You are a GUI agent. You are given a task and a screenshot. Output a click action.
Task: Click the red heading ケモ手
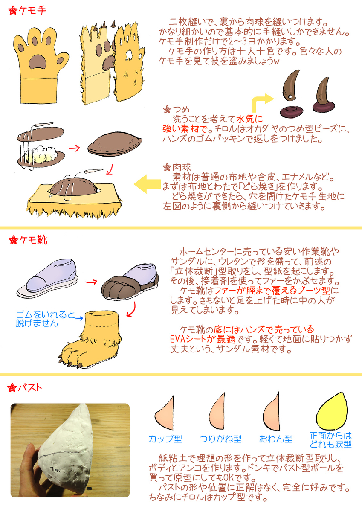(32, 11)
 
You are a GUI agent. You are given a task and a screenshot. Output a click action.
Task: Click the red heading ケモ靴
(33, 240)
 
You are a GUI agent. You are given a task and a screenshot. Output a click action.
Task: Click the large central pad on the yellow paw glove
(38, 62)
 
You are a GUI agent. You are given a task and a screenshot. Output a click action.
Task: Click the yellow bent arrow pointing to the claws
(261, 102)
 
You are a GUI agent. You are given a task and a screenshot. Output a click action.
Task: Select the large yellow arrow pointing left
(147, 184)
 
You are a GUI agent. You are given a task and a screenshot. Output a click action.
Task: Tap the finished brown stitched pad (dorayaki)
(115, 143)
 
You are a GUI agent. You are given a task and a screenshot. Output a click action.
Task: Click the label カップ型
(165, 439)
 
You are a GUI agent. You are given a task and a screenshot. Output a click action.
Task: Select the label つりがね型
(220, 439)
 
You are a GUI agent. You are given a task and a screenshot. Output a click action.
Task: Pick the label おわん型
(276, 439)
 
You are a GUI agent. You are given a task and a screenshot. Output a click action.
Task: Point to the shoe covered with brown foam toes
(130, 282)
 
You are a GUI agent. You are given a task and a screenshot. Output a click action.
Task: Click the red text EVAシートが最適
(203, 339)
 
